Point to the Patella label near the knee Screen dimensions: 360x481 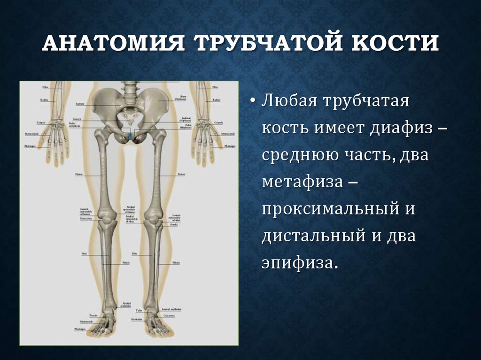tap(174, 225)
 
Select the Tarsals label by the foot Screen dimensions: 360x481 tap(94, 315)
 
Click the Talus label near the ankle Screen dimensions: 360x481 tap(139, 311)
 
